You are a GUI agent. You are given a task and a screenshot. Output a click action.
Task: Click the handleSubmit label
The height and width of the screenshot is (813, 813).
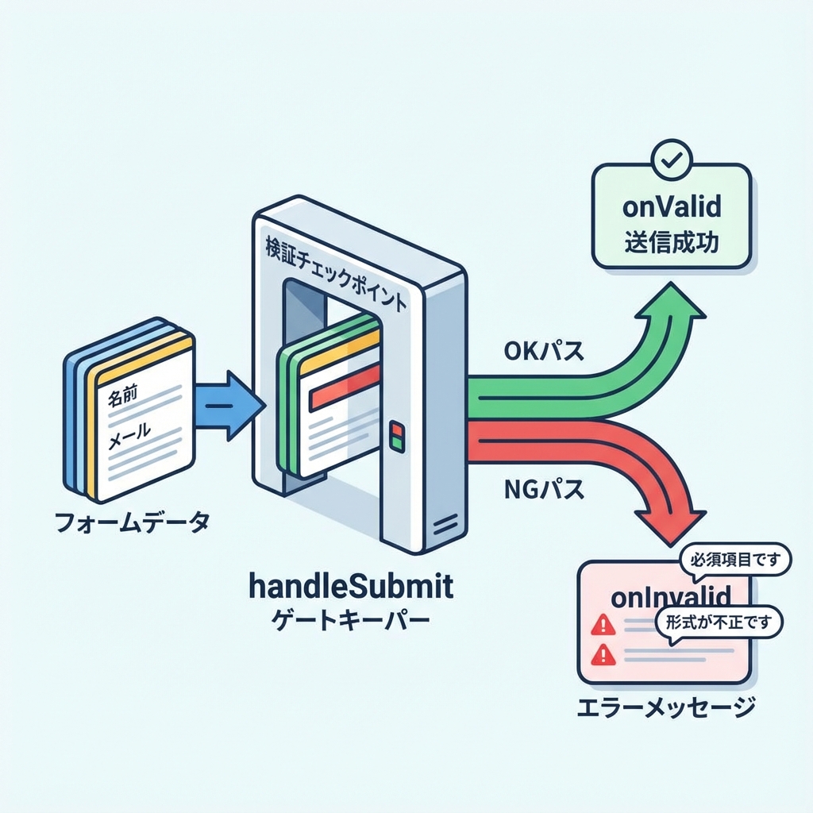(x=351, y=588)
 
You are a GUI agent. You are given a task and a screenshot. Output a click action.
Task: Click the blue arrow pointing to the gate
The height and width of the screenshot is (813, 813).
(x=230, y=405)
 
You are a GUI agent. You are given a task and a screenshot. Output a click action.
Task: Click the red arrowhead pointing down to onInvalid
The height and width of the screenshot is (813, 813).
(x=672, y=520)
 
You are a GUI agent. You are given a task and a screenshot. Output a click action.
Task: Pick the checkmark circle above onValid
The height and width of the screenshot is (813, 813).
(x=672, y=160)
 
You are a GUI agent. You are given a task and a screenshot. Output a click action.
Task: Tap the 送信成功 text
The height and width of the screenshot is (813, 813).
(x=672, y=241)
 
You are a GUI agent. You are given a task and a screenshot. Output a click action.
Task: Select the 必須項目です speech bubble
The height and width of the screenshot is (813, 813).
(x=734, y=561)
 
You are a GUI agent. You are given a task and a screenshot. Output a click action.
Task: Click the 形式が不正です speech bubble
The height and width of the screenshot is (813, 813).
(x=719, y=622)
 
